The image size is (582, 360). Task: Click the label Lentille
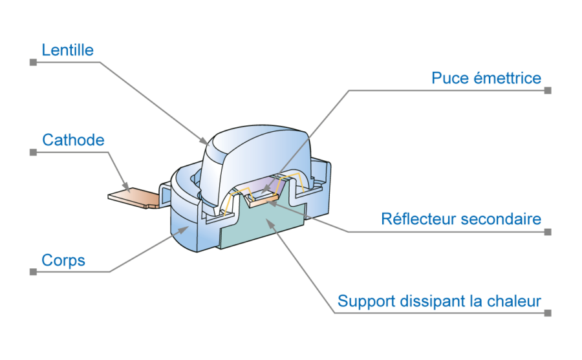click(68, 50)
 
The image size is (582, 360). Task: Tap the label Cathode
click(73, 140)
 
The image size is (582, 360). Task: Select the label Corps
click(63, 260)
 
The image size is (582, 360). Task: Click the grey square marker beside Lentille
click(33, 62)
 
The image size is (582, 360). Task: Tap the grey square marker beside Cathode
click(33, 153)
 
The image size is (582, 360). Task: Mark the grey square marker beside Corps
click(33, 272)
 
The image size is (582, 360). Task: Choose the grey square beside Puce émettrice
click(548, 90)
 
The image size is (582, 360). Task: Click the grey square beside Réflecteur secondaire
click(548, 231)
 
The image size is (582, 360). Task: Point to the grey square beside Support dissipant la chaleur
click(548, 313)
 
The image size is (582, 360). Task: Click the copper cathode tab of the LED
click(133, 196)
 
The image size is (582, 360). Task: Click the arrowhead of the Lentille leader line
click(205, 141)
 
